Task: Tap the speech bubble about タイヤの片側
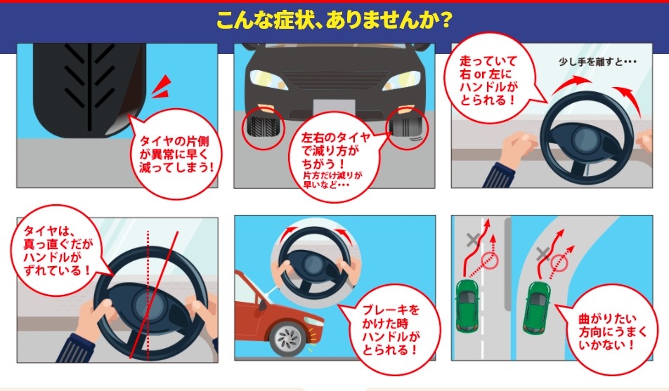tap(174, 154)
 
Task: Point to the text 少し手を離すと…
tap(597, 62)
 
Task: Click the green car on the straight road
tap(467, 305)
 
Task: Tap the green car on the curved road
tap(537, 307)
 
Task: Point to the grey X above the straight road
tap(473, 239)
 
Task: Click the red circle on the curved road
tap(559, 263)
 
